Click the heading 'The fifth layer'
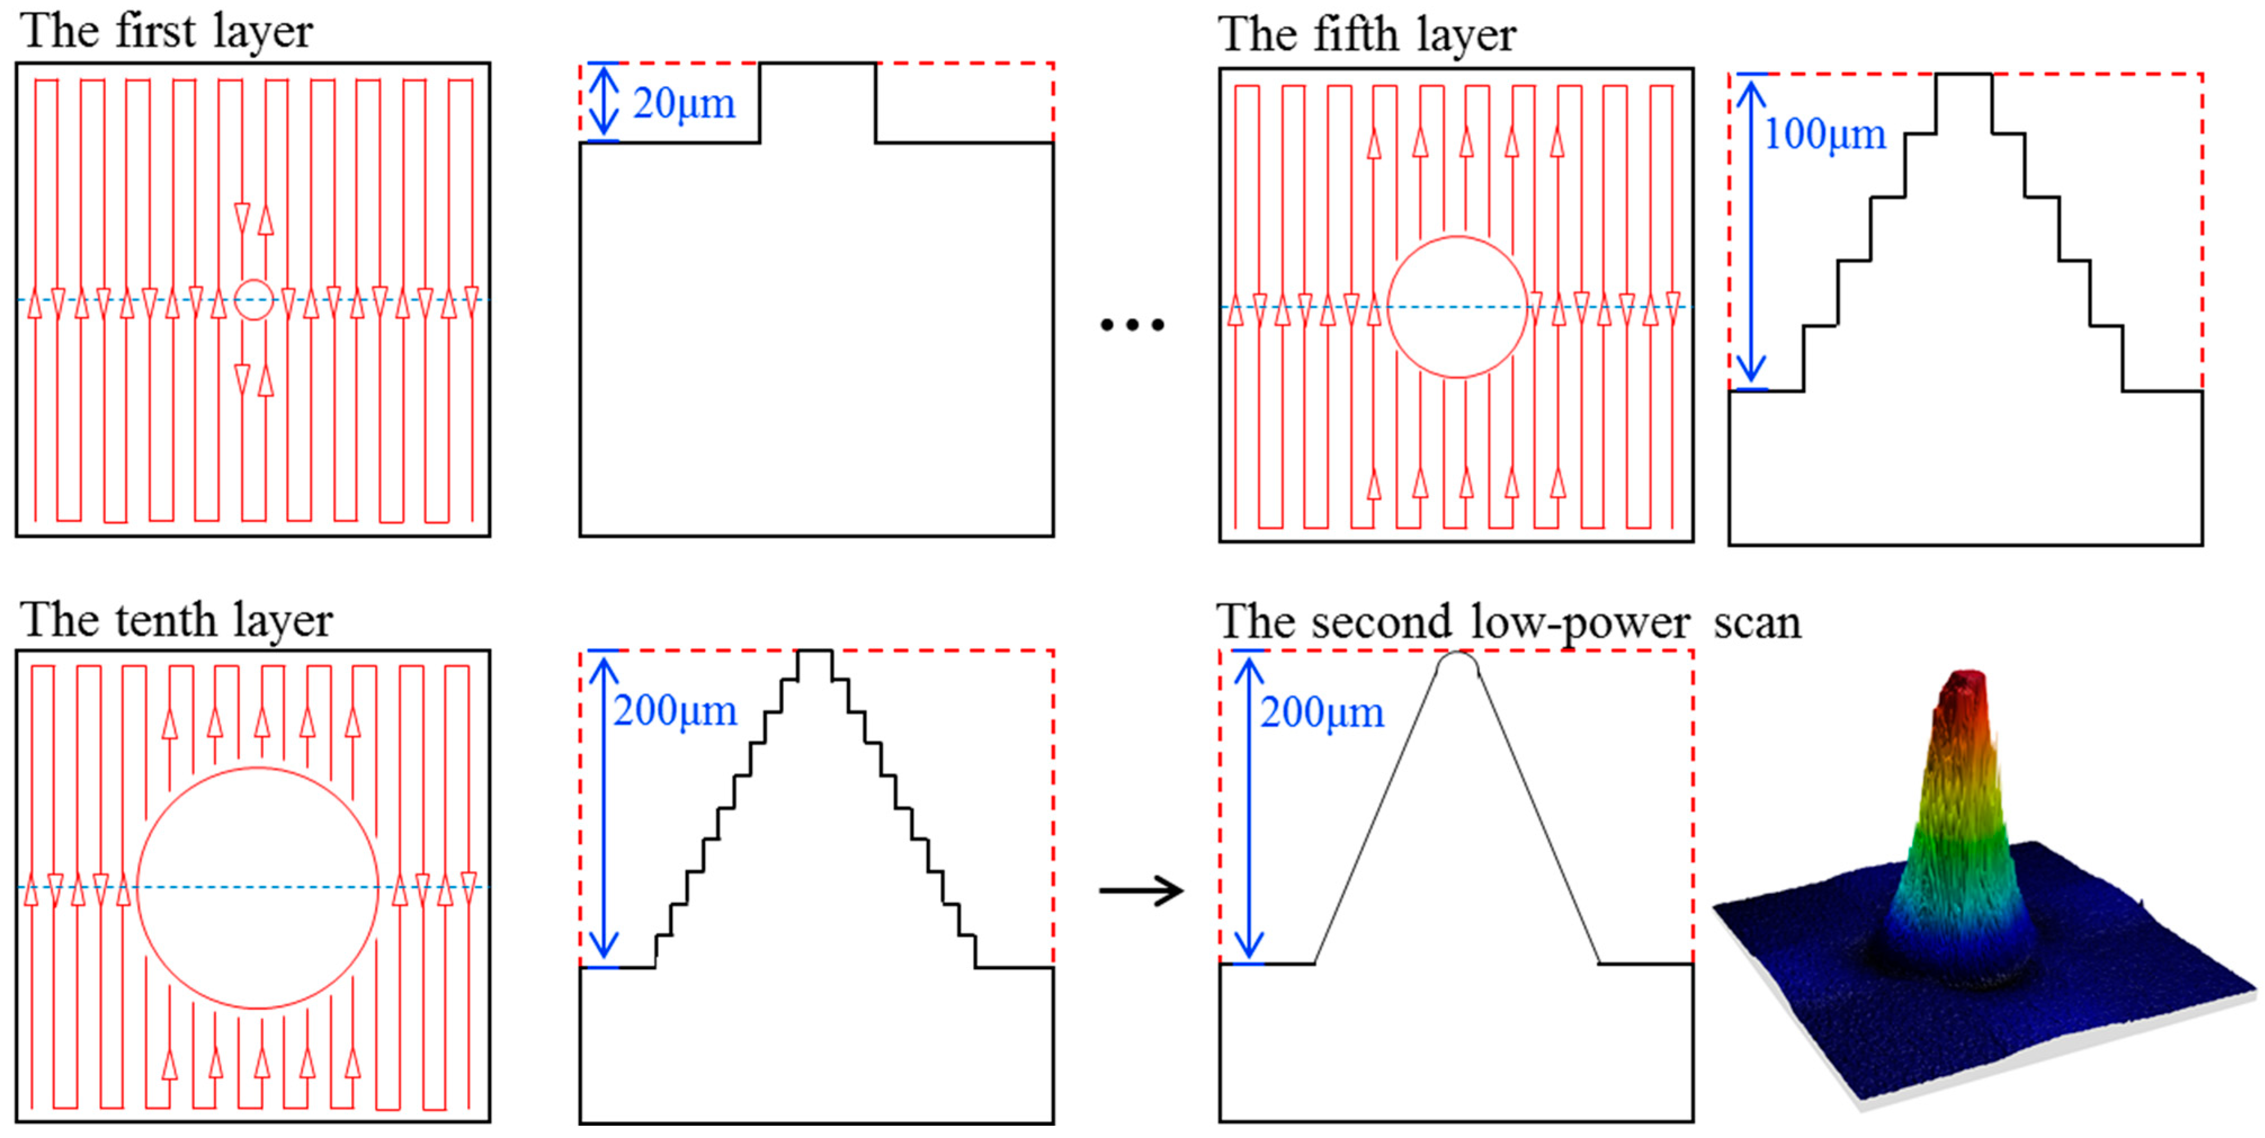(x=1366, y=35)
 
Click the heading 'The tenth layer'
(x=176, y=620)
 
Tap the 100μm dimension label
(x=1825, y=134)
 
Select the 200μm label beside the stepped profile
(x=674, y=710)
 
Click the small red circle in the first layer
(x=254, y=300)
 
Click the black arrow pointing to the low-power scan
(x=1141, y=891)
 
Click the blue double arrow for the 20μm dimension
(x=603, y=102)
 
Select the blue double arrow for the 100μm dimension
(x=1752, y=232)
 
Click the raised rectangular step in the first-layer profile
(x=817, y=101)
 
